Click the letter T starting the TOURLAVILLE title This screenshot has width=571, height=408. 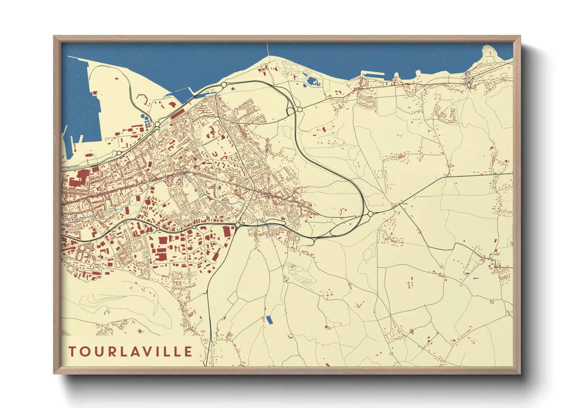pos(72,352)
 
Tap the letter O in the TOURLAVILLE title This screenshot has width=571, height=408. pos(84,352)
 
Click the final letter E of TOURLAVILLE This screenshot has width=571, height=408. pos(188,352)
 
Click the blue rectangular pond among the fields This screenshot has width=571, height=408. pos(269,320)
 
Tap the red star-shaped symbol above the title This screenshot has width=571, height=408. pos(139,331)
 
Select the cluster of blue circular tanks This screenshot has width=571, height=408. pos(145,120)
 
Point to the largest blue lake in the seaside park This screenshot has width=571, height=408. pos(313,81)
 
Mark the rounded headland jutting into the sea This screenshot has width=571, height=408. pos(489,52)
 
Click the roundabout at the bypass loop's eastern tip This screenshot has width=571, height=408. pos(370,214)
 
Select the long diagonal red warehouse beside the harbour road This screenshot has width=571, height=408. pos(177,113)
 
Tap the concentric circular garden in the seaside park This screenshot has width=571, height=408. pos(286,73)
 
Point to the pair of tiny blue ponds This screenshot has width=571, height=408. pos(475,278)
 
